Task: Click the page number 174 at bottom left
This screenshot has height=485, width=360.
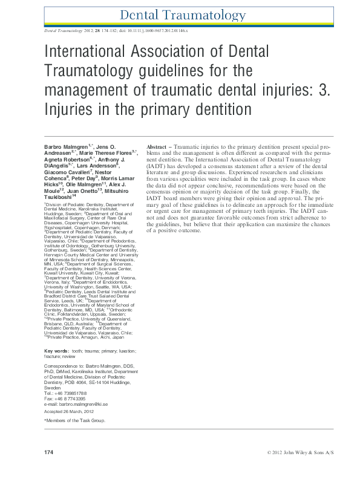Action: (50, 452)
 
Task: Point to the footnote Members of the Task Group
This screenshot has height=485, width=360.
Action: (76, 420)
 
